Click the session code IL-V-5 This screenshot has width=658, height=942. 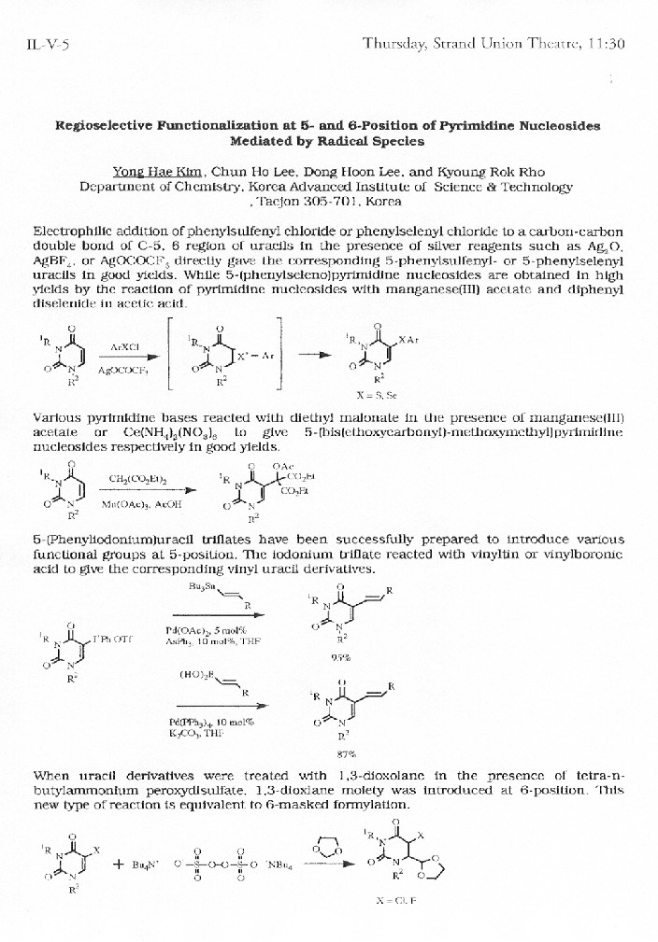pos(46,44)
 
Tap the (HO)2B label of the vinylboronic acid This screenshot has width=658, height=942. pos(197,676)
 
